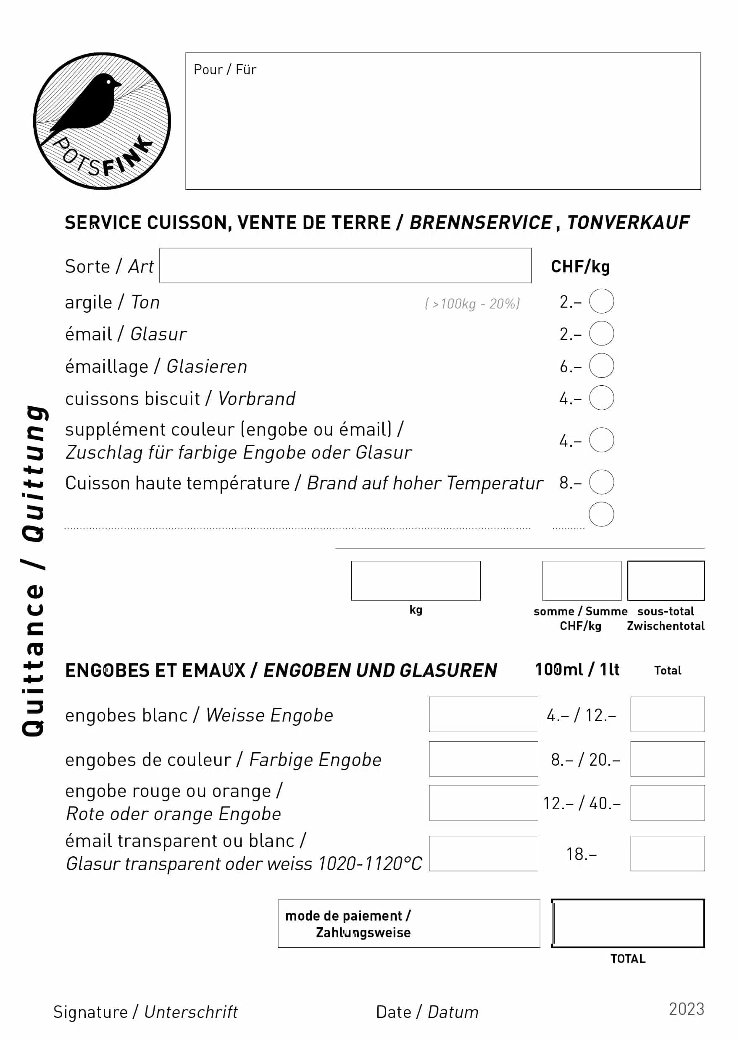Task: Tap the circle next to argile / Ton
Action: click(x=601, y=301)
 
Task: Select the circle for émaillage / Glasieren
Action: click(x=601, y=366)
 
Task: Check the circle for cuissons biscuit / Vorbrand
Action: click(x=601, y=398)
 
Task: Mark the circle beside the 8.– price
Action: click(x=601, y=482)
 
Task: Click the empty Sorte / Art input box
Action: click(x=345, y=265)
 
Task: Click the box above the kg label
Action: click(x=415, y=581)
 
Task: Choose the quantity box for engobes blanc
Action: click(x=483, y=714)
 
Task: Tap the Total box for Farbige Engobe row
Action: click(x=667, y=759)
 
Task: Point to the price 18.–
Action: click(x=582, y=854)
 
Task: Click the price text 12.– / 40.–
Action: click(x=582, y=803)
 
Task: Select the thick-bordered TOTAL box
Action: click(x=628, y=923)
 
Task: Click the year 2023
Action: click(x=686, y=1009)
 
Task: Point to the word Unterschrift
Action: click(x=191, y=1012)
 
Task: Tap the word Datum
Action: click(x=453, y=1012)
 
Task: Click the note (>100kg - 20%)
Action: click(x=472, y=303)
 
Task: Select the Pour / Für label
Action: click(x=225, y=69)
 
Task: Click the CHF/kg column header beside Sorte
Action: click(x=580, y=267)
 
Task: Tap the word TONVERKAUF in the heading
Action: click(x=628, y=222)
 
